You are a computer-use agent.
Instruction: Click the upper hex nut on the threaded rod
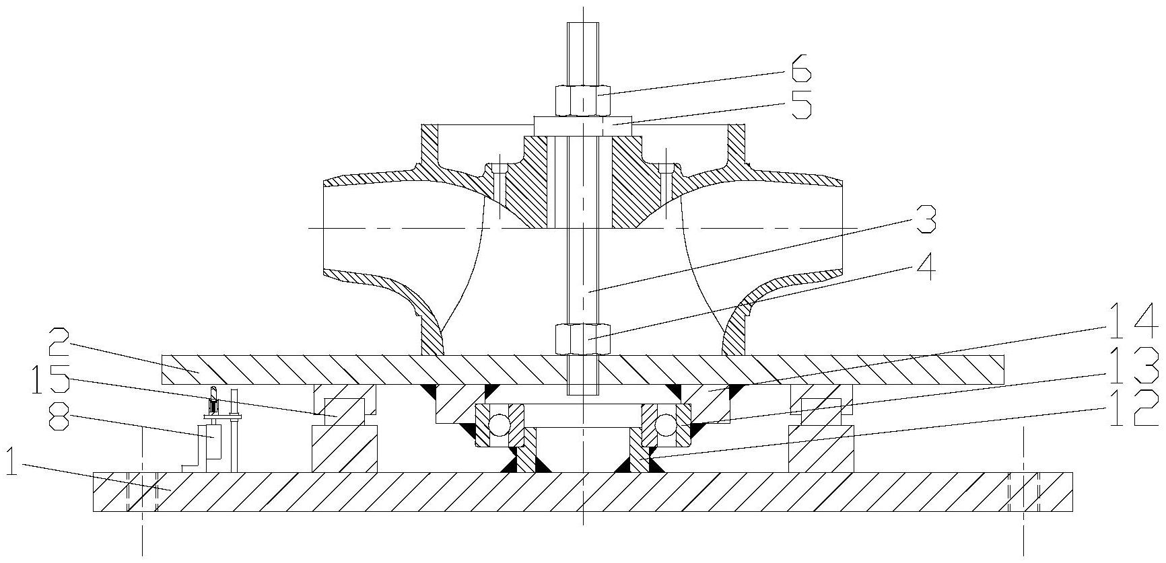pyautogui.click(x=583, y=100)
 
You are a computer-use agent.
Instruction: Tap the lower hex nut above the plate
pyautogui.click(x=583, y=338)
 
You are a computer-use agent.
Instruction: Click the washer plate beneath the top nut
pyautogui.click(x=583, y=124)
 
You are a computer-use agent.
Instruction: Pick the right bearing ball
pyautogui.click(x=667, y=424)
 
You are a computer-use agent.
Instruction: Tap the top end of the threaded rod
pyautogui.click(x=583, y=30)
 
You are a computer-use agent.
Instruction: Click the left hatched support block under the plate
pyautogui.click(x=343, y=448)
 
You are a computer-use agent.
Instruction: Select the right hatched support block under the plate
pyautogui.click(x=821, y=448)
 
